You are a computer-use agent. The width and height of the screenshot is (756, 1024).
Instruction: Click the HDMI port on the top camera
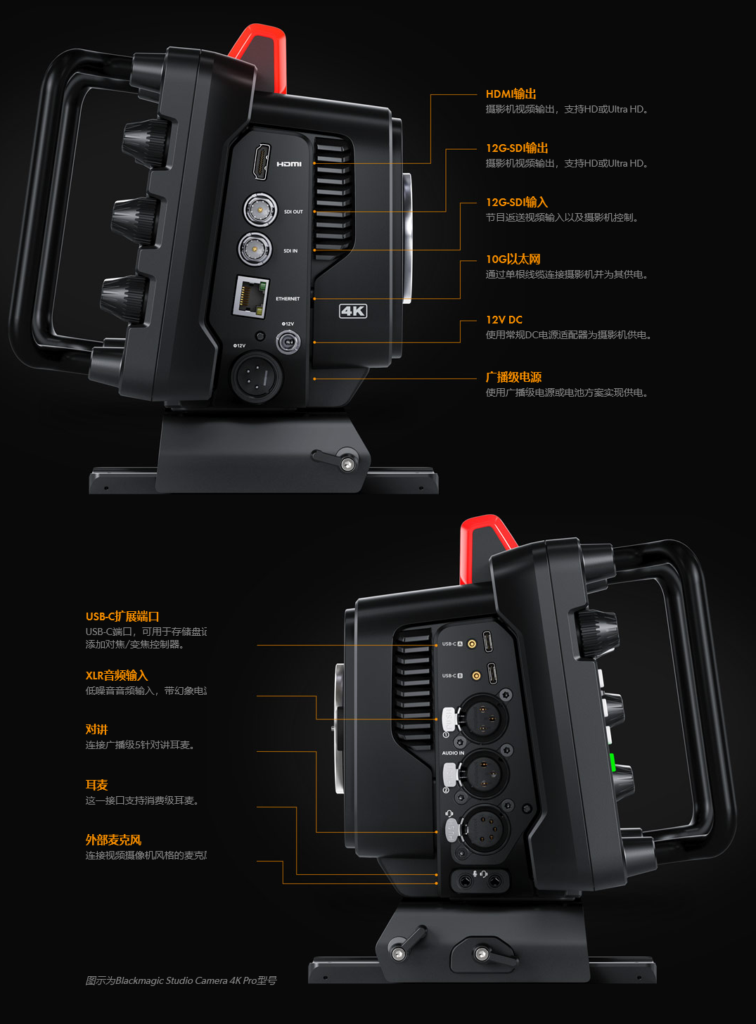(261, 162)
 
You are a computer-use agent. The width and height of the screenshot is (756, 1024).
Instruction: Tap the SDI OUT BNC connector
(260, 209)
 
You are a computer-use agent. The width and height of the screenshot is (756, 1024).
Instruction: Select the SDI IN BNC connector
(255, 248)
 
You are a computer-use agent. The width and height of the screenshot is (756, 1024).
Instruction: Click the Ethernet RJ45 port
(251, 296)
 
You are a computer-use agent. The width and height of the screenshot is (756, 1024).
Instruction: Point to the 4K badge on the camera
(353, 311)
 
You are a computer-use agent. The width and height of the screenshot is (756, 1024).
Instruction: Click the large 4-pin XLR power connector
(257, 376)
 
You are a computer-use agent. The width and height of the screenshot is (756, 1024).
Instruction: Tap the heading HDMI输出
(511, 94)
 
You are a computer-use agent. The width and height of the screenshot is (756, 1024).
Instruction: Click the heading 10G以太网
(513, 259)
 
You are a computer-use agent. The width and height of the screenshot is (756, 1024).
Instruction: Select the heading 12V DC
(504, 320)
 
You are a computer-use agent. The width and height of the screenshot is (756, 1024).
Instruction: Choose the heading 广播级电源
(513, 377)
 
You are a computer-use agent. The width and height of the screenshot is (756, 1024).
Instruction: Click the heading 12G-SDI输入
(516, 203)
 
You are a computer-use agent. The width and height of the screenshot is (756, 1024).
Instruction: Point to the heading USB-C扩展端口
(122, 616)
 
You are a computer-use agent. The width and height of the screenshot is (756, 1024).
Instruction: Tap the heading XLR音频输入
(117, 675)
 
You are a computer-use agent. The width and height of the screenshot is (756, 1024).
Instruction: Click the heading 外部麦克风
(113, 840)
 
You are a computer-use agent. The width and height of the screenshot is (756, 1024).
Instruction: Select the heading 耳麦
(96, 785)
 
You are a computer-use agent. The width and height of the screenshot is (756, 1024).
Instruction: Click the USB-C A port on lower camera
(489, 641)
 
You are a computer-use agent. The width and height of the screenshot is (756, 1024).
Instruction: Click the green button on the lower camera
(612, 762)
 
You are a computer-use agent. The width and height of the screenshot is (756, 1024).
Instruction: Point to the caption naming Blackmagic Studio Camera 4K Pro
(181, 980)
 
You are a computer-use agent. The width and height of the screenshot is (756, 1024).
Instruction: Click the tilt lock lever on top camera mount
(338, 460)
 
